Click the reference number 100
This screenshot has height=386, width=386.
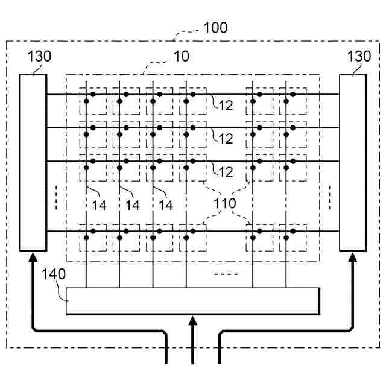click(x=215, y=28)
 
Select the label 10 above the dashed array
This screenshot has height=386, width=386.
click(x=181, y=57)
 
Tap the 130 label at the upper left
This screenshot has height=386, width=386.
click(x=39, y=57)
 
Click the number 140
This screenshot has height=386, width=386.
click(x=54, y=274)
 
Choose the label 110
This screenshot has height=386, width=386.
click(x=225, y=203)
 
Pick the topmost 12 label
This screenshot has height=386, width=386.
click(x=225, y=106)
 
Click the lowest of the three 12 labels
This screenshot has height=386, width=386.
click(x=225, y=172)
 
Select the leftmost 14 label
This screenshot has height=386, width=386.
click(x=100, y=206)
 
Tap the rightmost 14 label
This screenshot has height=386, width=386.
click(x=165, y=206)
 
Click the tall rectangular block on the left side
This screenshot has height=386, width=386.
click(x=33, y=162)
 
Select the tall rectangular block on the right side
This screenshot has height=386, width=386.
click(x=353, y=162)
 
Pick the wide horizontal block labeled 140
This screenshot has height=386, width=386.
click(x=192, y=301)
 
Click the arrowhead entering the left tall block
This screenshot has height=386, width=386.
click(x=33, y=258)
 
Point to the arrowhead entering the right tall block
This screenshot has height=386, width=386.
click(x=353, y=258)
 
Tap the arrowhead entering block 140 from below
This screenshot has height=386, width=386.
click(x=193, y=320)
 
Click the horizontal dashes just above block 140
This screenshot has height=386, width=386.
click(x=227, y=274)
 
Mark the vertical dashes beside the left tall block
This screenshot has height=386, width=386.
click(x=55, y=198)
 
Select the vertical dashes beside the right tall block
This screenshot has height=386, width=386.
click(x=330, y=198)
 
